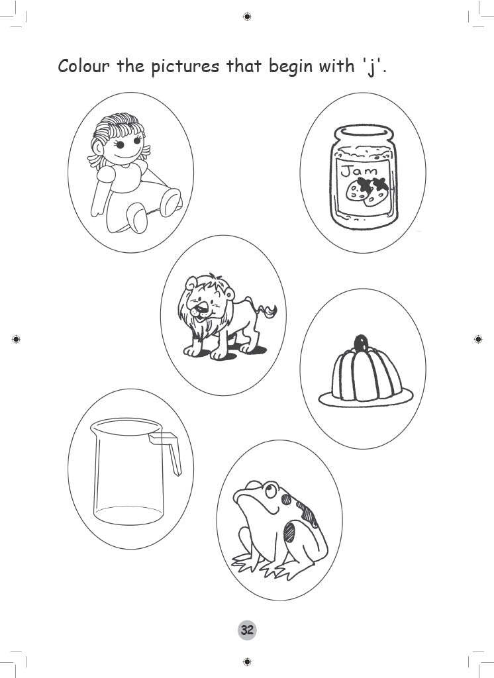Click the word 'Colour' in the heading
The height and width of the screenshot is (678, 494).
pos(83,66)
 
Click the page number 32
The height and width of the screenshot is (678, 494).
pos(247,630)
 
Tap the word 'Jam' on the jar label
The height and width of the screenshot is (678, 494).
pos(355,171)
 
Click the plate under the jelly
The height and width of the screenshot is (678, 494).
pos(366,399)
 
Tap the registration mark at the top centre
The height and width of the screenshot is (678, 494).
pos(246,16)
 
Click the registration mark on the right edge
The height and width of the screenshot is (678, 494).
pos(478,339)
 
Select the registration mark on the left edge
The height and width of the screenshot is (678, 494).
pos(16,339)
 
